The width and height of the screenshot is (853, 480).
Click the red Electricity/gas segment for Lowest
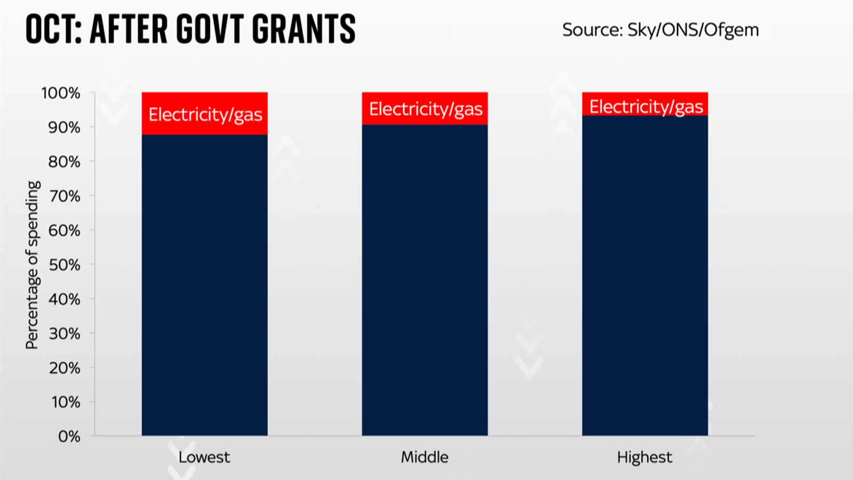(205, 114)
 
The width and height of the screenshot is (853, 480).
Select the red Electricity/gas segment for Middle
(425, 108)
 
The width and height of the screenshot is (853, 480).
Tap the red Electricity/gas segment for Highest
(645, 104)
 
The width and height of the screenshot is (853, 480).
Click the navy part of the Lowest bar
(205, 285)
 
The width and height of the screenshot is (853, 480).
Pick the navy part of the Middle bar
(425, 280)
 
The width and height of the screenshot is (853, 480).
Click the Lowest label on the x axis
(204, 457)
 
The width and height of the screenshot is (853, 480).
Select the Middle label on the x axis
(425, 457)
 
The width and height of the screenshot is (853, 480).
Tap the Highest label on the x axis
(645, 458)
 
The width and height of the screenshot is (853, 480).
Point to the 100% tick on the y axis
(61, 93)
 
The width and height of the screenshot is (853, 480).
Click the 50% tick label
(65, 265)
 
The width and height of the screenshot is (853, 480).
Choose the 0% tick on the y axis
(69, 437)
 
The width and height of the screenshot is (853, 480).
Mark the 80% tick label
(65, 162)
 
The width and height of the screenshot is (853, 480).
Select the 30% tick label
(65, 334)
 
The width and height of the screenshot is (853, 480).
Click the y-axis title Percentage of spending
(33, 265)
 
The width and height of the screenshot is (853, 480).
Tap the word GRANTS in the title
(304, 29)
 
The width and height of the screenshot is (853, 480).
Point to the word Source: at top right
(592, 30)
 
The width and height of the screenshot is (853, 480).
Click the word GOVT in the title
(211, 29)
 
